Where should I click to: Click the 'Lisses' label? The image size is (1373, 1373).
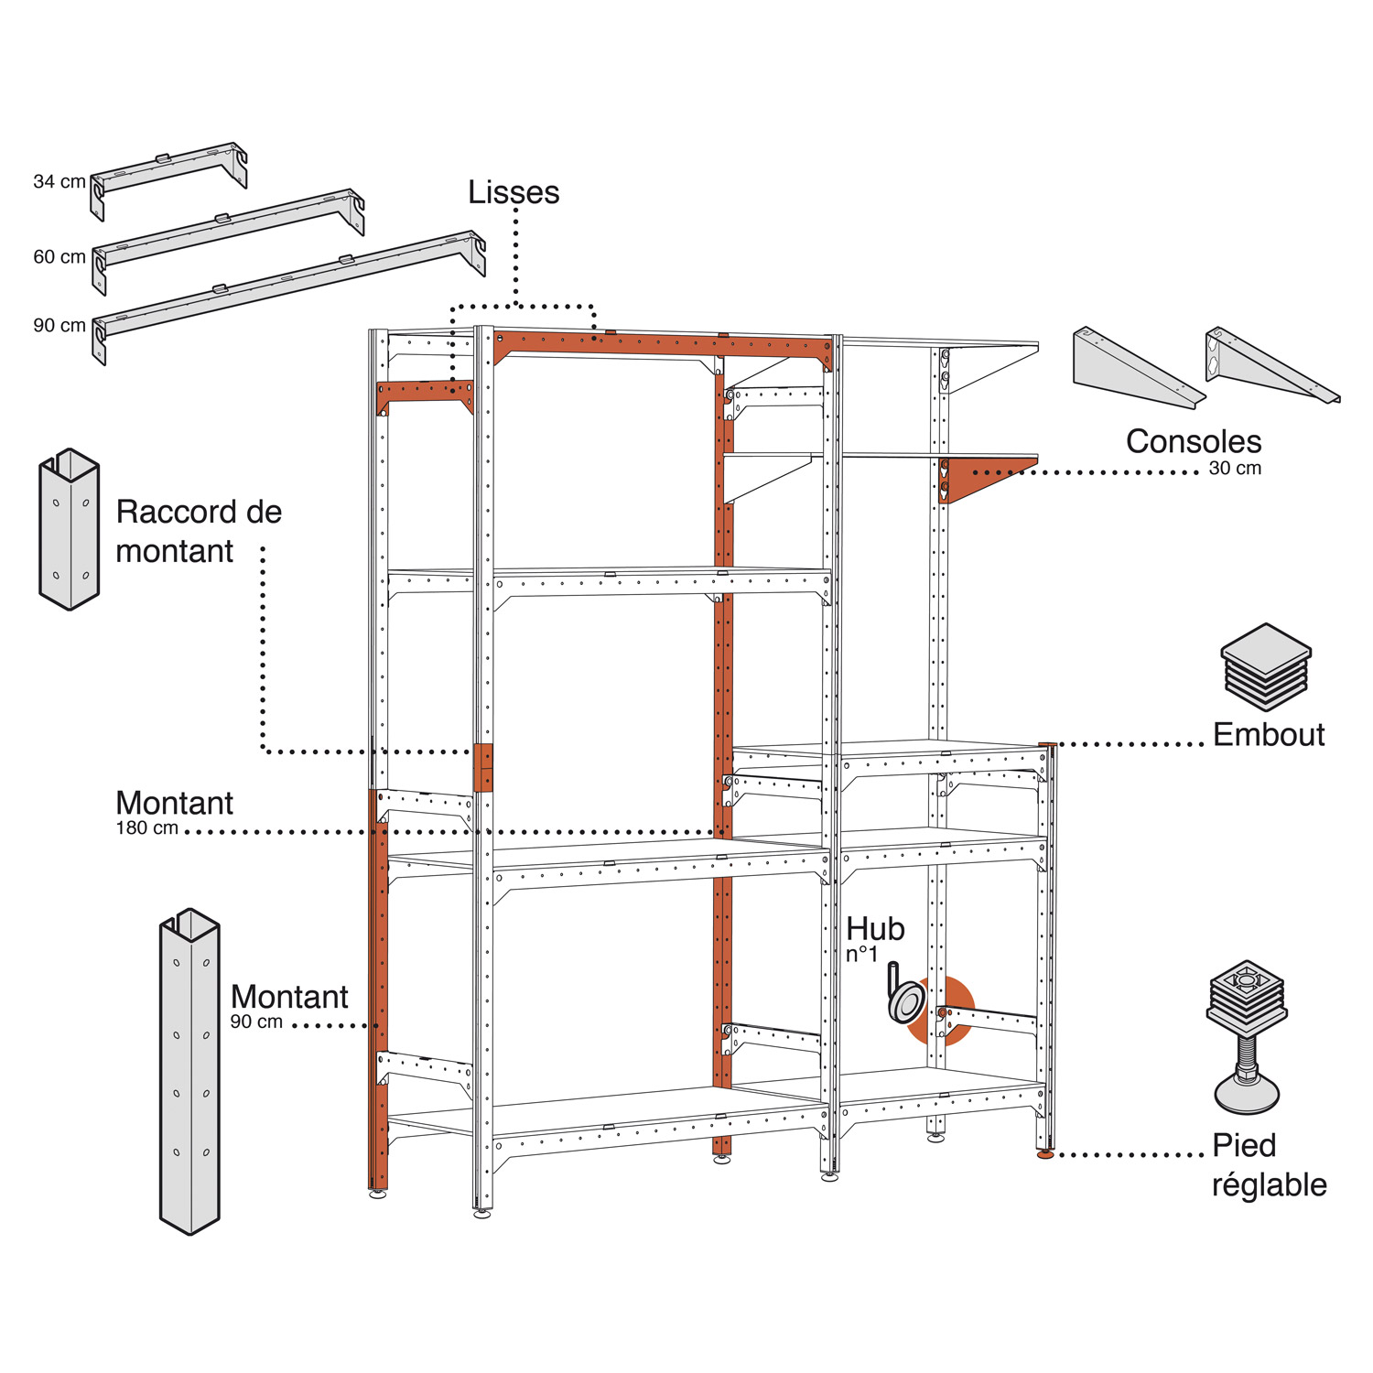514,192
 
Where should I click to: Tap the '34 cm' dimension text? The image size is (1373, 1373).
59,182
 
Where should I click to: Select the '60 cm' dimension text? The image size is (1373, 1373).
59,257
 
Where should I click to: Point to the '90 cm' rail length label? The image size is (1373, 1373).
59,326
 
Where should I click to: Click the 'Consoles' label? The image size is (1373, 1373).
1193,441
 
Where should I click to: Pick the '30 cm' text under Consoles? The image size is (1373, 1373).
1235,469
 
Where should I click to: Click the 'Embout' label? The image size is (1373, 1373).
1269,734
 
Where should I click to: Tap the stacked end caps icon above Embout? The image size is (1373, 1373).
1266,666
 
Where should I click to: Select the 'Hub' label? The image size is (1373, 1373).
875,929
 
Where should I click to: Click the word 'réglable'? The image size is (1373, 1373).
1269,1184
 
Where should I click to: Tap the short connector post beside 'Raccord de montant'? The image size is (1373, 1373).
69,529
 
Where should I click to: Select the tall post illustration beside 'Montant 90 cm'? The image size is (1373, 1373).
189,1071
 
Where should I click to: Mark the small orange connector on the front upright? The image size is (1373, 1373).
483,767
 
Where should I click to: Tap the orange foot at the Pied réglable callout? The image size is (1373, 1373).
1045,1155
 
